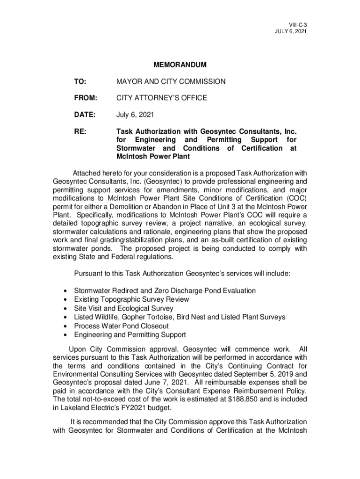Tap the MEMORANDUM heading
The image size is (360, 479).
click(180, 65)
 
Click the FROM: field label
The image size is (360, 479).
click(85, 98)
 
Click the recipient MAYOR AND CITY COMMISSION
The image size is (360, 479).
click(171, 82)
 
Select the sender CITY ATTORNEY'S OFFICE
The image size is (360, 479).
click(161, 98)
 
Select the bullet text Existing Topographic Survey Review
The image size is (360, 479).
click(131, 299)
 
